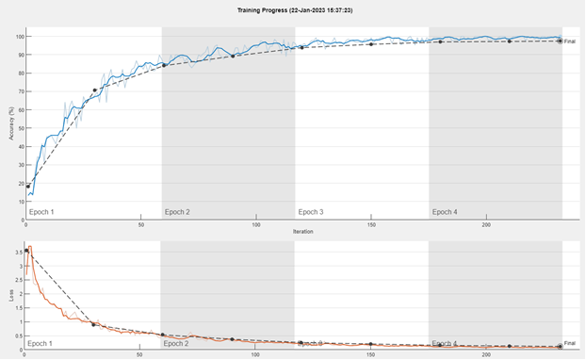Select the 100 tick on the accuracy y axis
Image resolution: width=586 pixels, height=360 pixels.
[x=18, y=36]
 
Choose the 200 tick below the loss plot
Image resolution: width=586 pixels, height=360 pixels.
[x=486, y=354]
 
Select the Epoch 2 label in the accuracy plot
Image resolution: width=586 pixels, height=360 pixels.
[x=177, y=212]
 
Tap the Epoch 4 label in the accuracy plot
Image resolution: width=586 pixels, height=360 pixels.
[x=445, y=212]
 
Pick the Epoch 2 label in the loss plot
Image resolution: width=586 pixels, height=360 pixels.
[x=176, y=343]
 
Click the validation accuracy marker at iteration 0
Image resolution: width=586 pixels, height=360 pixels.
[x=28, y=187]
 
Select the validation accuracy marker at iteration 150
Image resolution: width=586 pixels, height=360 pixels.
[x=371, y=44]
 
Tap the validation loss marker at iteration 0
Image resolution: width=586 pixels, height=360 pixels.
[x=26, y=251]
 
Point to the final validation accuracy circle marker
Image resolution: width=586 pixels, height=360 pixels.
[x=560, y=41]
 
